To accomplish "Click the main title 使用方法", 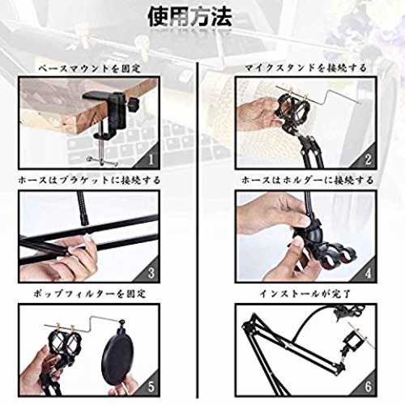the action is coord(190,17).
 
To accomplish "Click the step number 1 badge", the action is coord(151,160).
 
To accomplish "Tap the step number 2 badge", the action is coord(368,160).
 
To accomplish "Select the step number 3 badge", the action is coord(151,273).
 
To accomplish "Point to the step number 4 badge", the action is coord(368,273).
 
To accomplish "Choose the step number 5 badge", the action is coord(151,386).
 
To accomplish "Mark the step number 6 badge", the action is coord(368,386).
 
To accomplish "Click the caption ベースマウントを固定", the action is coord(89,69).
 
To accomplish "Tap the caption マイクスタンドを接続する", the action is coord(305,68).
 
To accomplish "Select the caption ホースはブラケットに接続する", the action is coord(89,180).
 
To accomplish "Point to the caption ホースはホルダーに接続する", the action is coord(307,180).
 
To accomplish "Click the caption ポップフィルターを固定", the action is coord(89,293).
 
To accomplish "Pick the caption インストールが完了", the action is coord(305,293).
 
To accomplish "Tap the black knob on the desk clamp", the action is coord(134,103).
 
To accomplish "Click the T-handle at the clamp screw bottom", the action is coord(102,161).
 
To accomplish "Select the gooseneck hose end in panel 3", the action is coord(84,209).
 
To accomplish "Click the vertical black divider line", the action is coord(198,230).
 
